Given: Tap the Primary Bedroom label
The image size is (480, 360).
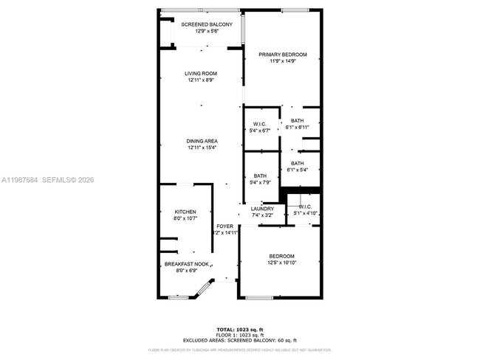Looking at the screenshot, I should click(282, 54).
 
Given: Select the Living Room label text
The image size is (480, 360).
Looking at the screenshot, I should click(201, 73).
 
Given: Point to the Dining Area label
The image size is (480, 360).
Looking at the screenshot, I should click(201, 141).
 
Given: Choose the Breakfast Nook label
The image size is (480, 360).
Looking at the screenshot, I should click(180, 264).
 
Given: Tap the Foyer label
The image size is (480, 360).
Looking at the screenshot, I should click(224, 226).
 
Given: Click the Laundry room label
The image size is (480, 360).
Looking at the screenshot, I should click(262, 209).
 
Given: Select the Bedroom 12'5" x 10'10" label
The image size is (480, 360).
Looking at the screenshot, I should click(281, 256).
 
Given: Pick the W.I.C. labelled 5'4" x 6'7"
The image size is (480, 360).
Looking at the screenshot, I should click(259, 124).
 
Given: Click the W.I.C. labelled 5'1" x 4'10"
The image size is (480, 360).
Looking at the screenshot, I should click(305, 207).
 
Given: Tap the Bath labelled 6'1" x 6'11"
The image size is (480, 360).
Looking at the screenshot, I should click(297, 121).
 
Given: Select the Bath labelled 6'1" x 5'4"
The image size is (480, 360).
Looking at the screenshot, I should click(297, 163).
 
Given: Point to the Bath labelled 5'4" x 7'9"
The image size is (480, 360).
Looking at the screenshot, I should click(259, 176).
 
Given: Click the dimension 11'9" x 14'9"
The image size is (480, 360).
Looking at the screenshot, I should click(282, 61).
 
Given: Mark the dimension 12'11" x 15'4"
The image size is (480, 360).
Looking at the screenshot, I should click(201, 148).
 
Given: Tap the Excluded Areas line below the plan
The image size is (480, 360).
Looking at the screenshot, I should click(240, 340).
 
